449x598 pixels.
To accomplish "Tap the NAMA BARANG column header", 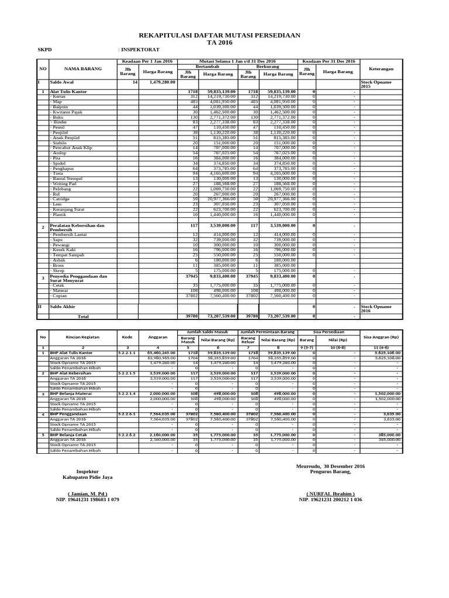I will (82, 69).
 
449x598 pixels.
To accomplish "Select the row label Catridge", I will (62, 199).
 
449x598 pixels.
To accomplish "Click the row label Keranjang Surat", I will (68, 208).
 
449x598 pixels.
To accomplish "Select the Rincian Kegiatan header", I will (82, 337).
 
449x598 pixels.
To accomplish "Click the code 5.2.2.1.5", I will (127, 372).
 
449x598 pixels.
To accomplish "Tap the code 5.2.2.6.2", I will (127, 435).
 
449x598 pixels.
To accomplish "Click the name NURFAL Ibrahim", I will (330, 493).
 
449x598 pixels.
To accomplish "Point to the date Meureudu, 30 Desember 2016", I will (330, 466).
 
